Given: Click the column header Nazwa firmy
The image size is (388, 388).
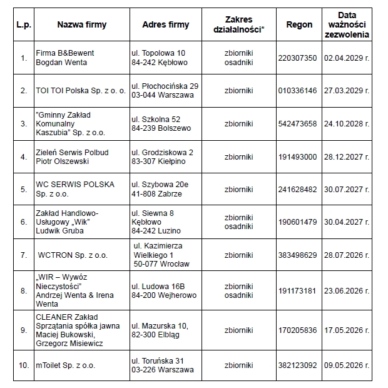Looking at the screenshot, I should (81, 25).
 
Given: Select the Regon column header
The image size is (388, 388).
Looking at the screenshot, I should (299, 25).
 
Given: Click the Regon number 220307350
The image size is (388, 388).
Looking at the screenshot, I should (297, 58).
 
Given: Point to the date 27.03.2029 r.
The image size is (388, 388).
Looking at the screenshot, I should (346, 91).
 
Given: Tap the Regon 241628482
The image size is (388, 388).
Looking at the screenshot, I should (297, 190).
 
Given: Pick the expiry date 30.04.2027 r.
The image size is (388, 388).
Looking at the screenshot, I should (346, 222).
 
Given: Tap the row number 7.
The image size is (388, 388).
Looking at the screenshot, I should (24, 255).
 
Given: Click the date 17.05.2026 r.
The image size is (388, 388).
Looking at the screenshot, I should (346, 330).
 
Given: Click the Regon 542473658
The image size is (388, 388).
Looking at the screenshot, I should (297, 124).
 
